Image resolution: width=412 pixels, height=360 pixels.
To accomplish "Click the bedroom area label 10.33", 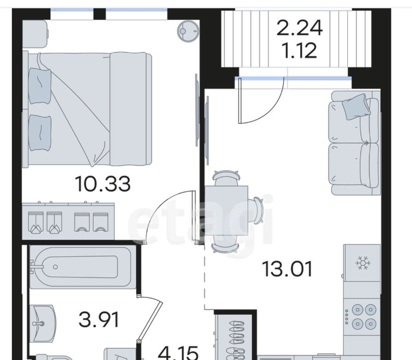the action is pos(102,184).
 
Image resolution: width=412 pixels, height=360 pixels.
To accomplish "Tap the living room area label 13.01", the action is pos(287,269).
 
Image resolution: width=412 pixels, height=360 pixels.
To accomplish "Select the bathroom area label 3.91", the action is pos(99,319).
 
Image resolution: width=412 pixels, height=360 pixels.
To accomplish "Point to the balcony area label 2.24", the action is pos(299,28).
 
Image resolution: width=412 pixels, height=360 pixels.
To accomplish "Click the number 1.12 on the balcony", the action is pos(299,50).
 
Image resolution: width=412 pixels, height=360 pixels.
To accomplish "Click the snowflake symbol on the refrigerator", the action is pos(363,263).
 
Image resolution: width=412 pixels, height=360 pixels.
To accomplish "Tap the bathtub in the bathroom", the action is pos(83,267).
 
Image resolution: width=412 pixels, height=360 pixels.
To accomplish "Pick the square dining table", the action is pos(226,210).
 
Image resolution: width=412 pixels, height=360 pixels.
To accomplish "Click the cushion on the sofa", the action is pos(356,107).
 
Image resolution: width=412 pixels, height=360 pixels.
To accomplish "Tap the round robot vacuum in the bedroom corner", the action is pos(188,31).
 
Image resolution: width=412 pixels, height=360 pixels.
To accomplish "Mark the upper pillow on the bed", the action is pos(40,86).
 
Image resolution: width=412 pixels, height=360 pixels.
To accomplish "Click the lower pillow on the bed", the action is pos(40,133).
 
